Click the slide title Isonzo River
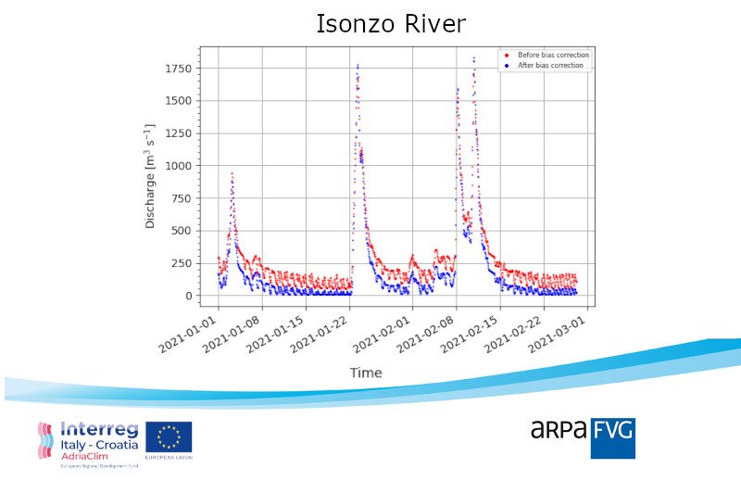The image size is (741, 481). pyautogui.click(x=390, y=23)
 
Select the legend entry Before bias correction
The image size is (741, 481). pyautogui.click(x=552, y=55)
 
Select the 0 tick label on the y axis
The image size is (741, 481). pyautogui.click(x=187, y=296)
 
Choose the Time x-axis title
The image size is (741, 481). pyautogui.click(x=365, y=373)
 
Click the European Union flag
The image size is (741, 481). pyautogui.click(x=168, y=439)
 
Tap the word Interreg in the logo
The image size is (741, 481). pyautogui.click(x=100, y=429)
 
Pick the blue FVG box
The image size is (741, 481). pyautogui.click(x=612, y=437)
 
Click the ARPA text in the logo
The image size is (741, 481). pyautogui.click(x=559, y=429)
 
